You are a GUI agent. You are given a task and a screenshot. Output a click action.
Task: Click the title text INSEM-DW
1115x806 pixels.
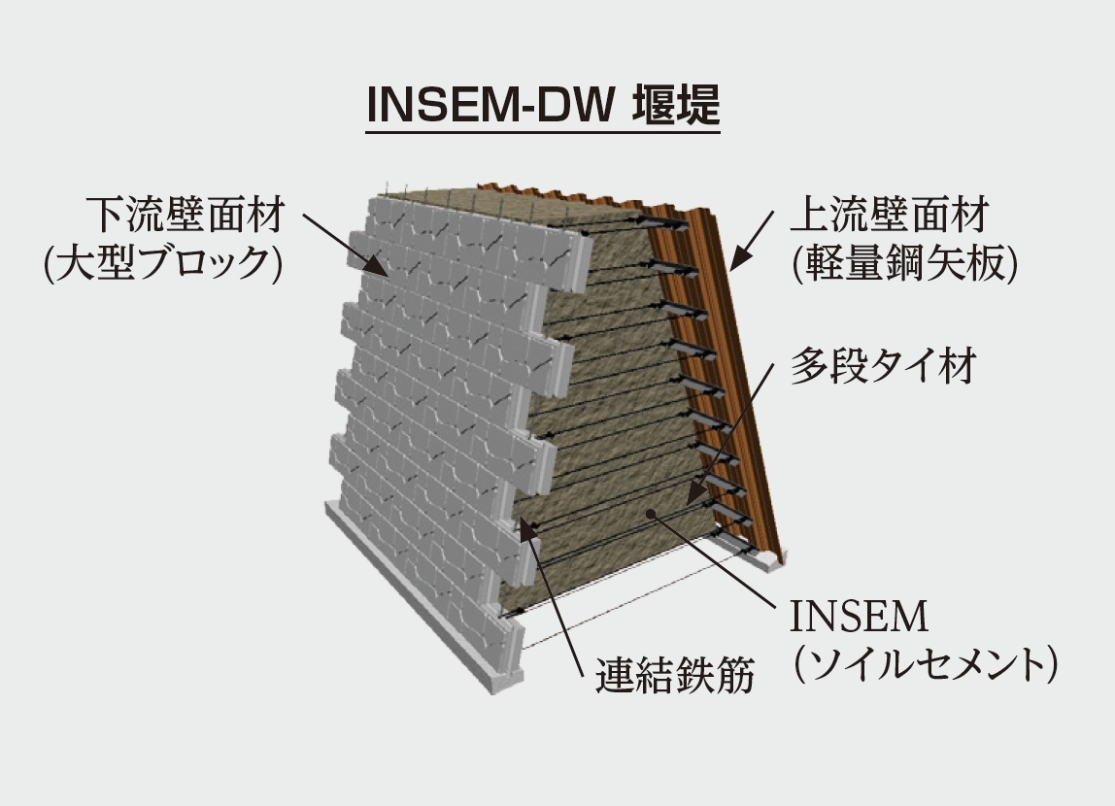click(490, 105)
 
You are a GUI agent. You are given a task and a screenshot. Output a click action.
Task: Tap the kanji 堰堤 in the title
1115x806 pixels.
click(676, 105)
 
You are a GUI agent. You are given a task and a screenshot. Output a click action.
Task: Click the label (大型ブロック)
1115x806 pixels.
click(163, 264)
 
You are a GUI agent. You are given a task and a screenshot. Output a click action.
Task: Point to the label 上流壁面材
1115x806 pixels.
click(889, 215)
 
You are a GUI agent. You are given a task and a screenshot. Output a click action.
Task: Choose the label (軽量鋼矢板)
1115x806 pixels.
click(904, 264)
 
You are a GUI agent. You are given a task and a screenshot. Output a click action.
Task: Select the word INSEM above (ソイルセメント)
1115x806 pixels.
click(859, 616)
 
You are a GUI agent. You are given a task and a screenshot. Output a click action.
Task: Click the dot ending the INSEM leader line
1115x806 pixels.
click(649, 513)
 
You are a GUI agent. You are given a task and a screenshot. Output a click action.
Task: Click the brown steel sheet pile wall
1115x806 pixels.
click(718, 355)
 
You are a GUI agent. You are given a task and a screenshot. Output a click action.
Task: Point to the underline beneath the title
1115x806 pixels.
click(543, 131)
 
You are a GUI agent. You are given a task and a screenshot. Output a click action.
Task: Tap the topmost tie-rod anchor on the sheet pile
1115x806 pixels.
click(667, 224)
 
